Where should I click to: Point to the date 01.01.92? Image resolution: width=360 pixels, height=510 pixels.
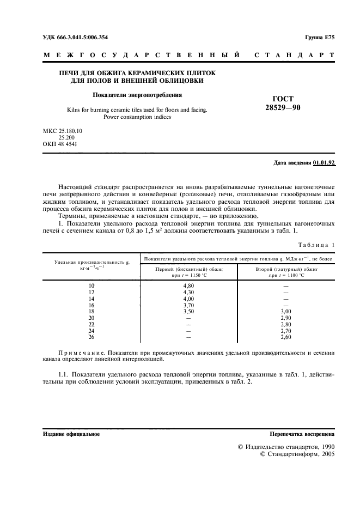click(324, 163)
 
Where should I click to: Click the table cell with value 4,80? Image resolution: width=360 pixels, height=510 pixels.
click(189, 286)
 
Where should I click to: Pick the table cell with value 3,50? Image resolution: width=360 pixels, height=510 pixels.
click(189, 312)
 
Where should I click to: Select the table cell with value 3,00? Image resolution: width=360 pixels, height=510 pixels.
click(286, 312)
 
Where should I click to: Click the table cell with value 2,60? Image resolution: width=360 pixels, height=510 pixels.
click(286, 338)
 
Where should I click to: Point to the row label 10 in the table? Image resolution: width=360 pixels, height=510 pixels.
click(91, 286)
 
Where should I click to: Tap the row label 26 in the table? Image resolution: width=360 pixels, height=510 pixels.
click(91, 338)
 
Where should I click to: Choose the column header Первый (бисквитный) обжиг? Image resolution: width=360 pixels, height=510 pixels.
click(189, 269)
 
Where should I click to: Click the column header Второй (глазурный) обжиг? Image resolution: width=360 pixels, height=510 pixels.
click(286, 269)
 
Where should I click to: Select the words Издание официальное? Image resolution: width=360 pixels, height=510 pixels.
click(71, 434)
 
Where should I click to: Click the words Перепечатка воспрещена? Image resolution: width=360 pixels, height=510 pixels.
click(302, 434)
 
